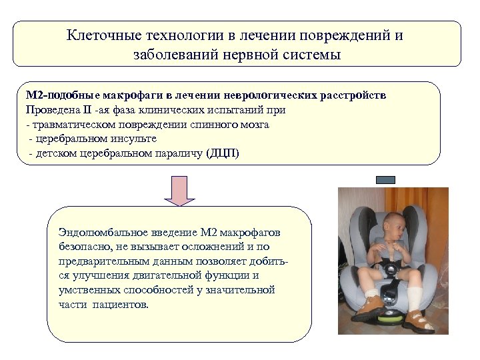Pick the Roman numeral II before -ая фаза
pos(87,110)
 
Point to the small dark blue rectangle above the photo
pos(385,180)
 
